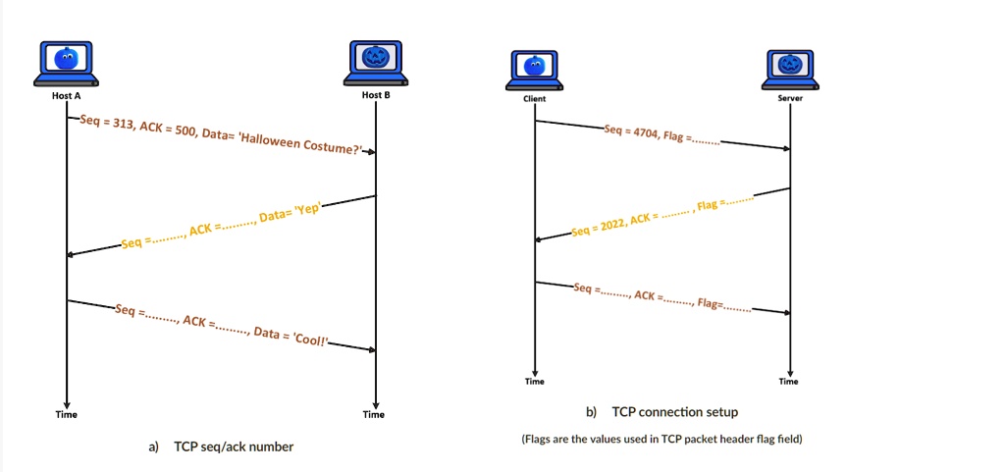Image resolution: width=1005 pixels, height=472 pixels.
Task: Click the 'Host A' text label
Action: (66, 95)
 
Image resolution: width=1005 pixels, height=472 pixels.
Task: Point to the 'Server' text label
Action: (790, 98)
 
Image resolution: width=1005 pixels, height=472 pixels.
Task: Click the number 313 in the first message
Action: (123, 124)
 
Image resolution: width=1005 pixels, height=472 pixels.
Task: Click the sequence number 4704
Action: (646, 132)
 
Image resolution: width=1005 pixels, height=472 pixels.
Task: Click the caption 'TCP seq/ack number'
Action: (234, 446)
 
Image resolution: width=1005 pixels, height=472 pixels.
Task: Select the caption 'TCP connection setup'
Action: (674, 412)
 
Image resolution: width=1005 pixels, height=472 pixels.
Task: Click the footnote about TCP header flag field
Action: (662, 440)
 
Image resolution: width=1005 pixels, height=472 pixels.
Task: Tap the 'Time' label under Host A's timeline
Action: (66, 414)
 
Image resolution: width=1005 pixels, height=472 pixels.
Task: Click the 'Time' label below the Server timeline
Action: (789, 382)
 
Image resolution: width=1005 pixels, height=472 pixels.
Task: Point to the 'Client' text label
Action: (535, 99)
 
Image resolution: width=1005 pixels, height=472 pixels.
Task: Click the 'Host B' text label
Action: (376, 95)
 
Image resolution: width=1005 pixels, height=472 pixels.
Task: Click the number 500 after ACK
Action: (185, 129)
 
